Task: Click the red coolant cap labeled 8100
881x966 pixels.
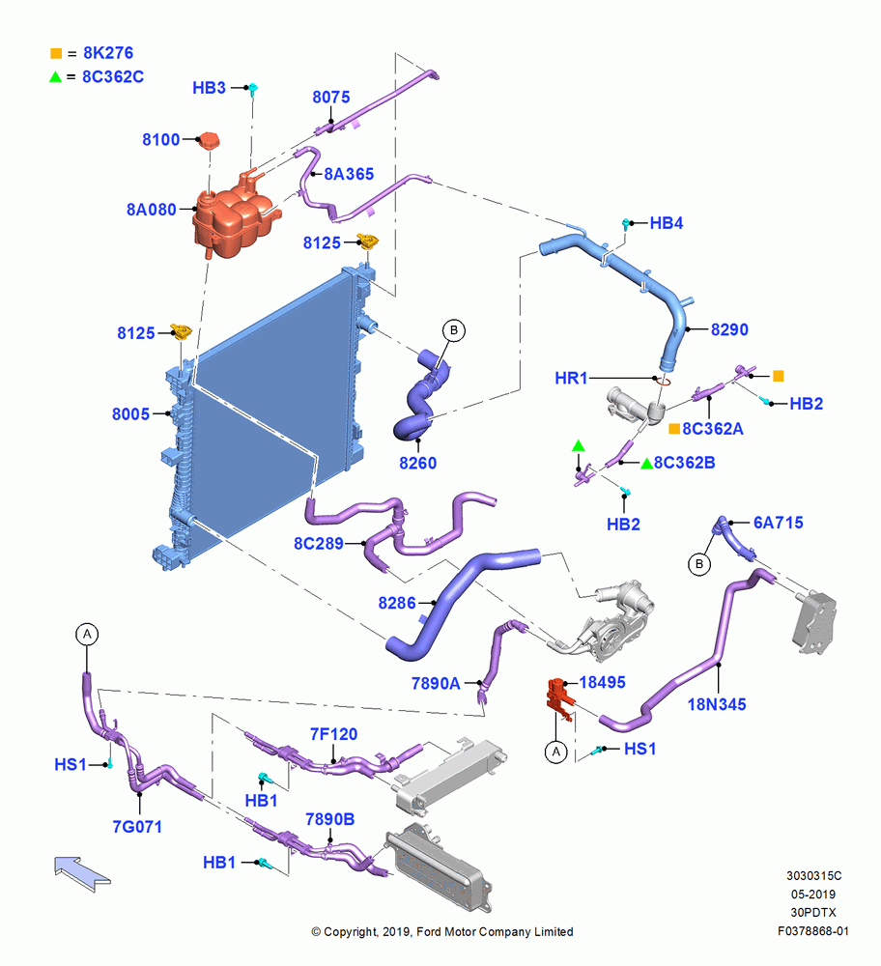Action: (209, 140)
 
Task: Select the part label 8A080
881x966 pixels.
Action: (152, 210)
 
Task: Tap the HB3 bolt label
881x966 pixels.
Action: (209, 88)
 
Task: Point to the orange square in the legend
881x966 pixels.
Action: (56, 53)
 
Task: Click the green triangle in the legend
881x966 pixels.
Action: (55, 76)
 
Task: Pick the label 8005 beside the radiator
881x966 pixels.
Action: (130, 414)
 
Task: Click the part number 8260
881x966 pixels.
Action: (417, 463)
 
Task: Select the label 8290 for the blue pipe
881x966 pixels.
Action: (729, 329)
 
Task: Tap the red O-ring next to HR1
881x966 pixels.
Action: (663, 381)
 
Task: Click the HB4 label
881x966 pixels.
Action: (667, 223)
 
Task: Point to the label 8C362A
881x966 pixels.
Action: (713, 429)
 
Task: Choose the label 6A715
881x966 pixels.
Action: (778, 523)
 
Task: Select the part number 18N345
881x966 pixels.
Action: (717, 704)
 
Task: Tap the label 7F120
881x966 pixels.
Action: (333, 734)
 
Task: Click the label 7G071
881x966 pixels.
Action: (137, 826)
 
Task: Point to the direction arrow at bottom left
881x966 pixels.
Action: (82, 872)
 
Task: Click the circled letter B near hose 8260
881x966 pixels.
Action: (454, 330)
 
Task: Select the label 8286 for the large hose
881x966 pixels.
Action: (397, 603)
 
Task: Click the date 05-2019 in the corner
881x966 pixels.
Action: (813, 894)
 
